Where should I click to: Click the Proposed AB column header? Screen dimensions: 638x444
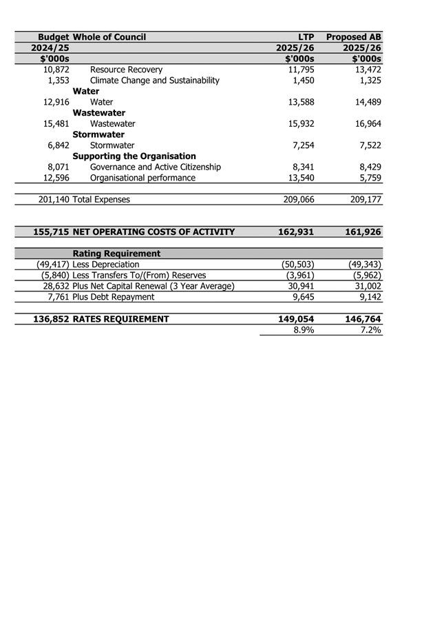point(354,37)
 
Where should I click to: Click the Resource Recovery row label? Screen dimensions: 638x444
point(126,70)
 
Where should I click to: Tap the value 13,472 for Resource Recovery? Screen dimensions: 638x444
point(366,70)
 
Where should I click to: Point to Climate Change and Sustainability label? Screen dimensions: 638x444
point(155,81)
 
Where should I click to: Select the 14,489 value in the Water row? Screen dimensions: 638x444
point(366,102)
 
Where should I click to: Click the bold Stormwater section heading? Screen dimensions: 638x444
point(98,134)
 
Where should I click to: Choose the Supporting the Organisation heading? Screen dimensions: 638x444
point(134,156)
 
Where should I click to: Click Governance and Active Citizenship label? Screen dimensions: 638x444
point(156,167)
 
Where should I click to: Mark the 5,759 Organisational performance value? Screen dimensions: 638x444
point(369,178)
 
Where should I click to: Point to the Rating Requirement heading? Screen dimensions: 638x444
point(116,254)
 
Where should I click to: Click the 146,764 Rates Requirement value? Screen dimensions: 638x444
point(363,319)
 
